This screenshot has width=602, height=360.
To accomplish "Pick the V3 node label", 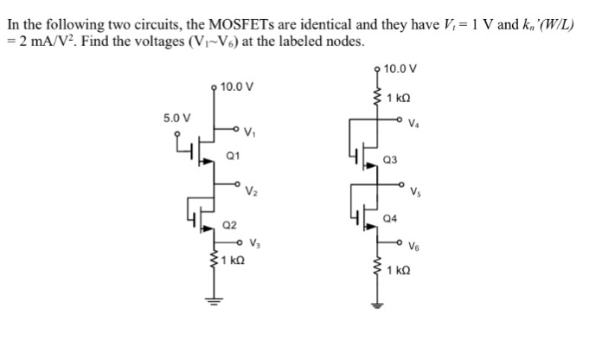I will click(257, 243).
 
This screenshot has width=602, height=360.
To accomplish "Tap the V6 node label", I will click(417, 244).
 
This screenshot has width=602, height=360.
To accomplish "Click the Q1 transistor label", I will click(232, 157).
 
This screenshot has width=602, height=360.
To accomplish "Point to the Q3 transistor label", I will click(391, 159).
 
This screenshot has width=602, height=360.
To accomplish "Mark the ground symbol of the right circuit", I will click(375, 304).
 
